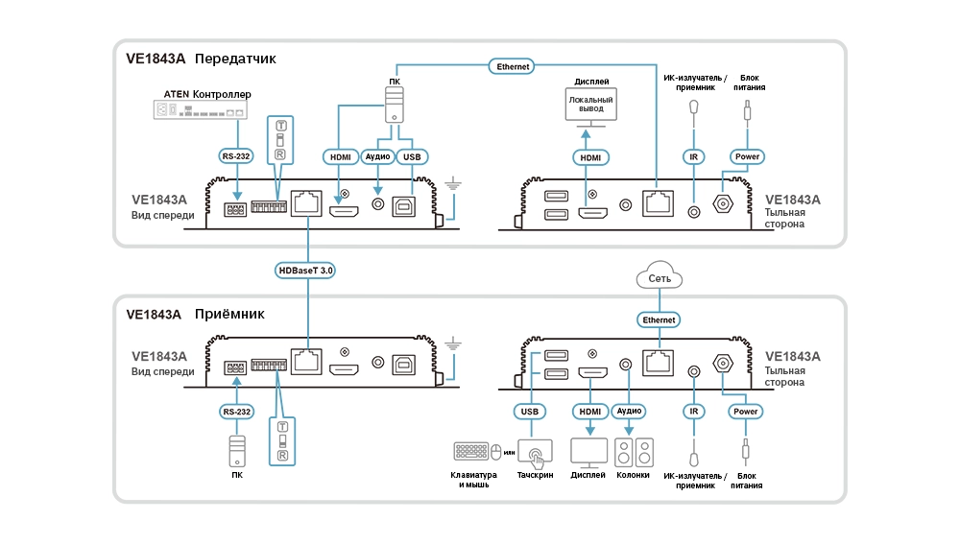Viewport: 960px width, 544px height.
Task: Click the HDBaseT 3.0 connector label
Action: [x=305, y=271]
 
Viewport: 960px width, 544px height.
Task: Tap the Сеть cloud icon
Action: [x=660, y=275]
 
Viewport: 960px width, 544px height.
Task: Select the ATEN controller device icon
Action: [x=201, y=110]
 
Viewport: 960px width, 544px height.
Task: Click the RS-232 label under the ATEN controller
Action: [x=236, y=156]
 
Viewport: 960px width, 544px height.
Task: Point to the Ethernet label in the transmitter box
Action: [x=513, y=67]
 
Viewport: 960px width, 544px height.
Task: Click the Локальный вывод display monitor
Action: [x=590, y=106]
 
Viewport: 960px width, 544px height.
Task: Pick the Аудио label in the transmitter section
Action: [x=377, y=156]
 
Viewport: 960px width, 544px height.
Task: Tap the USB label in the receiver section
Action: [x=530, y=412]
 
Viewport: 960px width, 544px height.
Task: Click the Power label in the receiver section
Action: [x=746, y=412]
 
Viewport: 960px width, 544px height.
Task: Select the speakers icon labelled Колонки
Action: [x=634, y=454]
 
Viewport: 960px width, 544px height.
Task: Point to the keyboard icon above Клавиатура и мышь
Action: [x=470, y=452]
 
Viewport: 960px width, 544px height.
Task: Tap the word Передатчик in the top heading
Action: [x=236, y=59]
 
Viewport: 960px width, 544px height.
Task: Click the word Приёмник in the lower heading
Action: [x=229, y=314]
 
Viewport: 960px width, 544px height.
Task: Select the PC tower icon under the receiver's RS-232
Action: [x=237, y=451]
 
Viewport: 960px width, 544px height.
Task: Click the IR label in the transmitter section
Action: [x=694, y=157]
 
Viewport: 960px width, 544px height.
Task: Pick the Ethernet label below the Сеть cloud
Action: [x=659, y=320]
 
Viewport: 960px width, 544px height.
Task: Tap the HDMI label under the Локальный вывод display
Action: [x=590, y=158]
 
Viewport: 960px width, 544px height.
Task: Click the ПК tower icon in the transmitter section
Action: [x=395, y=104]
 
